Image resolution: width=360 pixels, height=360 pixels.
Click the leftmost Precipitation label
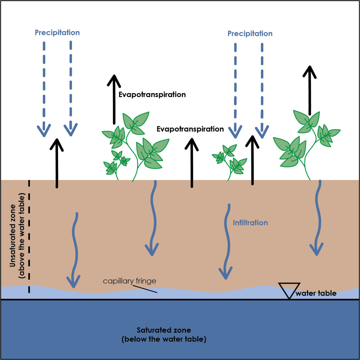click(57, 33)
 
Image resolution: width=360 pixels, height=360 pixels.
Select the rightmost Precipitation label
click(250, 34)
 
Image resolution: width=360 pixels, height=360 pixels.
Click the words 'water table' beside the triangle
click(316, 293)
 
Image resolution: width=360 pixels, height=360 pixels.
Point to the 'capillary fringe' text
click(129, 281)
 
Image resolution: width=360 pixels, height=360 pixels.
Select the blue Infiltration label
click(250, 223)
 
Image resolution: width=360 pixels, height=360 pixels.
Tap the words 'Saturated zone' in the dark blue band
click(164, 330)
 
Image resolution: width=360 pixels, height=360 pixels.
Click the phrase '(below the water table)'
click(164, 340)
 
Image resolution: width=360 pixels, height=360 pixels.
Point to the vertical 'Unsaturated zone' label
click(17, 235)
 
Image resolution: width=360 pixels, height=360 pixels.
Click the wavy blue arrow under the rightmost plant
click(318, 218)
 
